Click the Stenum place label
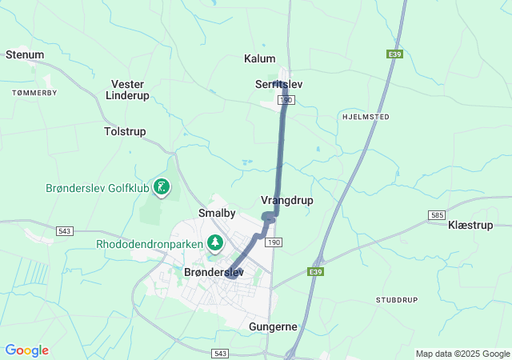click(x=24, y=54)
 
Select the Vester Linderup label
click(x=130, y=90)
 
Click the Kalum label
click(x=259, y=58)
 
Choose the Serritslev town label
click(x=279, y=84)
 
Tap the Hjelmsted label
click(x=365, y=116)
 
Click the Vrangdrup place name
click(x=287, y=200)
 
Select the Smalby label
click(x=217, y=214)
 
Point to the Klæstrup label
click(x=470, y=226)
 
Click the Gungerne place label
click(x=274, y=327)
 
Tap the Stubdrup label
click(x=397, y=299)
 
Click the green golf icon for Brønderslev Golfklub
click(x=162, y=188)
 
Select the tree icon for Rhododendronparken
click(x=214, y=242)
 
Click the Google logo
click(x=26, y=350)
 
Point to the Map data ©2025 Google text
click(x=462, y=354)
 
